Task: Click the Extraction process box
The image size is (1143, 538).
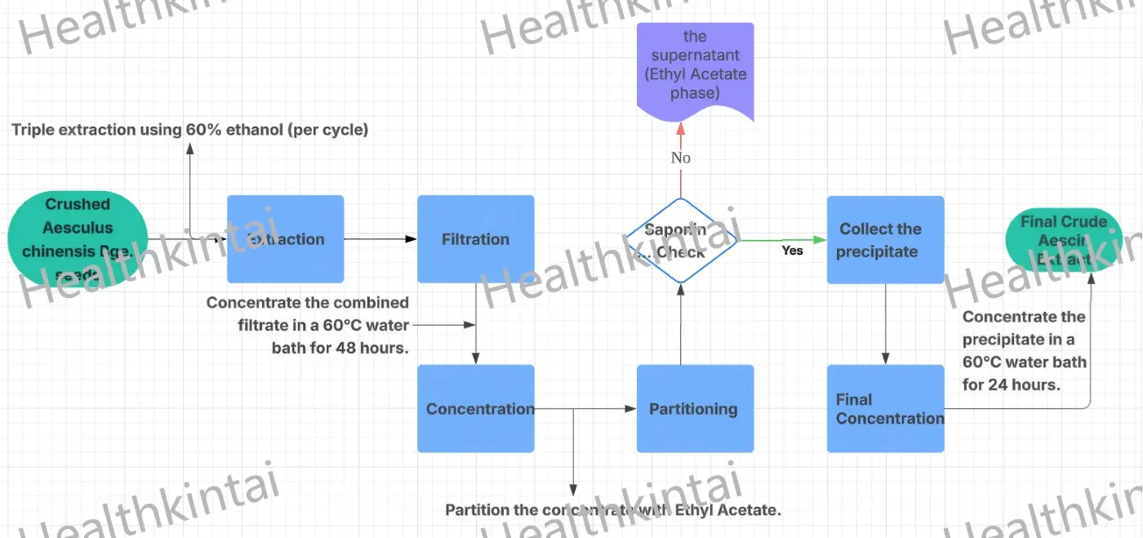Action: (x=285, y=239)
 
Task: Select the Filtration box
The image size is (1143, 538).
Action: (x=475, y=239)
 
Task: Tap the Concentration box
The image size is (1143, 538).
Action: (x=475, y=408)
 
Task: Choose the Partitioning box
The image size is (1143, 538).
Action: (x=693, y=408)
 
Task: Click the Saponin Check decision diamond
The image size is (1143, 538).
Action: (x=681, y=240)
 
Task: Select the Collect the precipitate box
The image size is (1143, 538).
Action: (x=885, y=240)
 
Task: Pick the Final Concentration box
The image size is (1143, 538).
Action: (x=885, y=408)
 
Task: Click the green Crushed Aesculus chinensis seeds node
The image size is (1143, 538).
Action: (x=78, y=239)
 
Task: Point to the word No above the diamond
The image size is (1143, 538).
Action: (x=681, y=158)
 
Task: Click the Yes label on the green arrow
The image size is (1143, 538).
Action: (x=792, y=251)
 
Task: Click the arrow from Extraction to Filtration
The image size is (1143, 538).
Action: (x=380, y=239)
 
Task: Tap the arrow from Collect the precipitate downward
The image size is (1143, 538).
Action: (x=885, y=323)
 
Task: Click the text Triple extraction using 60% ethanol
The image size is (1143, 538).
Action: (x=189, y=130)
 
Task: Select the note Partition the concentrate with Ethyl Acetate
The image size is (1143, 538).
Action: (x=612, y=510)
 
